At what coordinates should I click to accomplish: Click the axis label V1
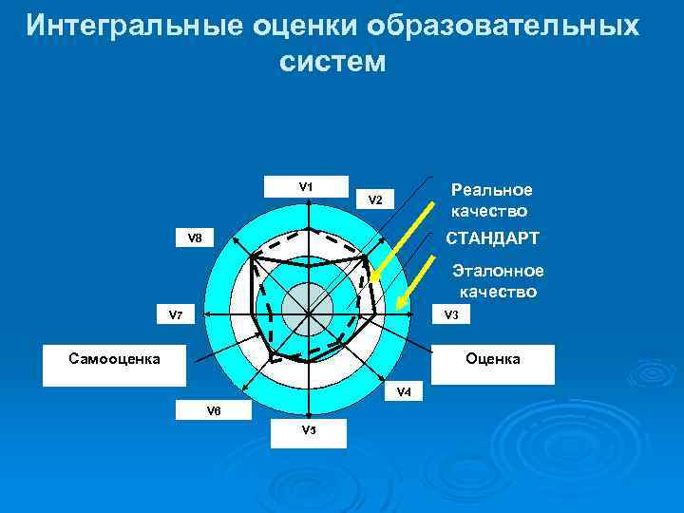pos(306,186)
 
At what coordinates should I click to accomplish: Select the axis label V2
pos(375,200)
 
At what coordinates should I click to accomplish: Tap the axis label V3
pos(450,315)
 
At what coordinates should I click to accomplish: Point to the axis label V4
pos(404,391)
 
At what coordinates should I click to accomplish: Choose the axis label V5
pos(309,430)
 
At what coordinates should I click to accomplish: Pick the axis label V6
pos(214,410)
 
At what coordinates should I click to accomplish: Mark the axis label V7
pos(176,314)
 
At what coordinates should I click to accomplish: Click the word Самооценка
pos(115,359)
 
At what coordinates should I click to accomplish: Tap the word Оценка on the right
pos(492,359)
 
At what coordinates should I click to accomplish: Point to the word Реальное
pos(492,190)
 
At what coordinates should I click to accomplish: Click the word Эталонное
pos(498,271)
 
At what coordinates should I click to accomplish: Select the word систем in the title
pos(333,62)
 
